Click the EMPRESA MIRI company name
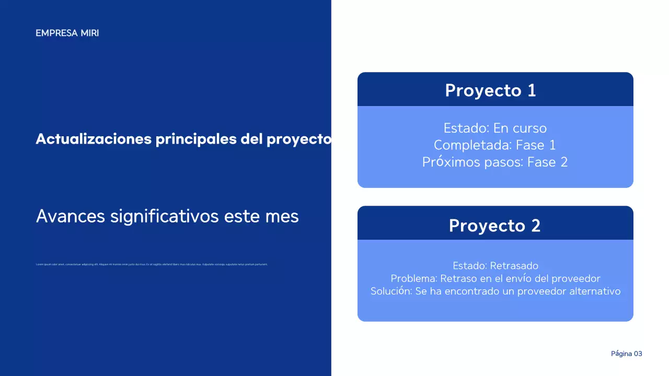point(67,33)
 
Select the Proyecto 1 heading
point(490,90)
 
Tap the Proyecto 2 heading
point(494,226)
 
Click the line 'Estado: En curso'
point(495,128)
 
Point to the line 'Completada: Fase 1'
point(495,145)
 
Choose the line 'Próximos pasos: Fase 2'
point(495,162)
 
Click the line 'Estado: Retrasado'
point(495,266)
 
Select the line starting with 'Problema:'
point(495,278)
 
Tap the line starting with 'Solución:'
point(495,291)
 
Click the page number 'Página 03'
point(626,354)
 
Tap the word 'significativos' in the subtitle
point(165,216)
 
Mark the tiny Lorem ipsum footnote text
point(152,264)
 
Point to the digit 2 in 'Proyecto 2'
point(535,226)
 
